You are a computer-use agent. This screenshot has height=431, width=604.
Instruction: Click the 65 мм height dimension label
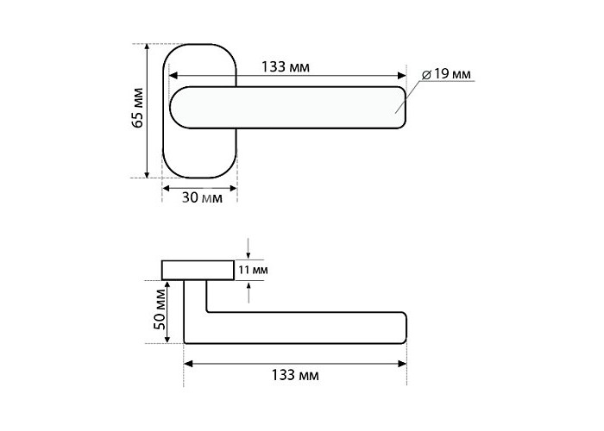coord(137,108)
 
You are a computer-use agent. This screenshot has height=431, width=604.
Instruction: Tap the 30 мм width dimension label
coord(202,197)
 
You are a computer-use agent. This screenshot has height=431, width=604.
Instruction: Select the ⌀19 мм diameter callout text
coord(446,74)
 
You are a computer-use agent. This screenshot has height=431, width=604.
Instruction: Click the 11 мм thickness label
coord(253,270)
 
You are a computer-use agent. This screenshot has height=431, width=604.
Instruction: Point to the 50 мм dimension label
coord(160,309)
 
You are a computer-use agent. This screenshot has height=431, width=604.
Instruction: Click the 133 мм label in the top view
coord(286,67)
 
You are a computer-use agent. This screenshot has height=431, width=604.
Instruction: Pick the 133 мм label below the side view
coord(295,375)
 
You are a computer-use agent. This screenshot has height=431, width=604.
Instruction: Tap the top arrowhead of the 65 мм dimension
coord(147,47)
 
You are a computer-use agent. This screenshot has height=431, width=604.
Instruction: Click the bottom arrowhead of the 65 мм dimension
coord(147,174)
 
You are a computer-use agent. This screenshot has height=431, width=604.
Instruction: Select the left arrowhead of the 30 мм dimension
coord(167,188)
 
